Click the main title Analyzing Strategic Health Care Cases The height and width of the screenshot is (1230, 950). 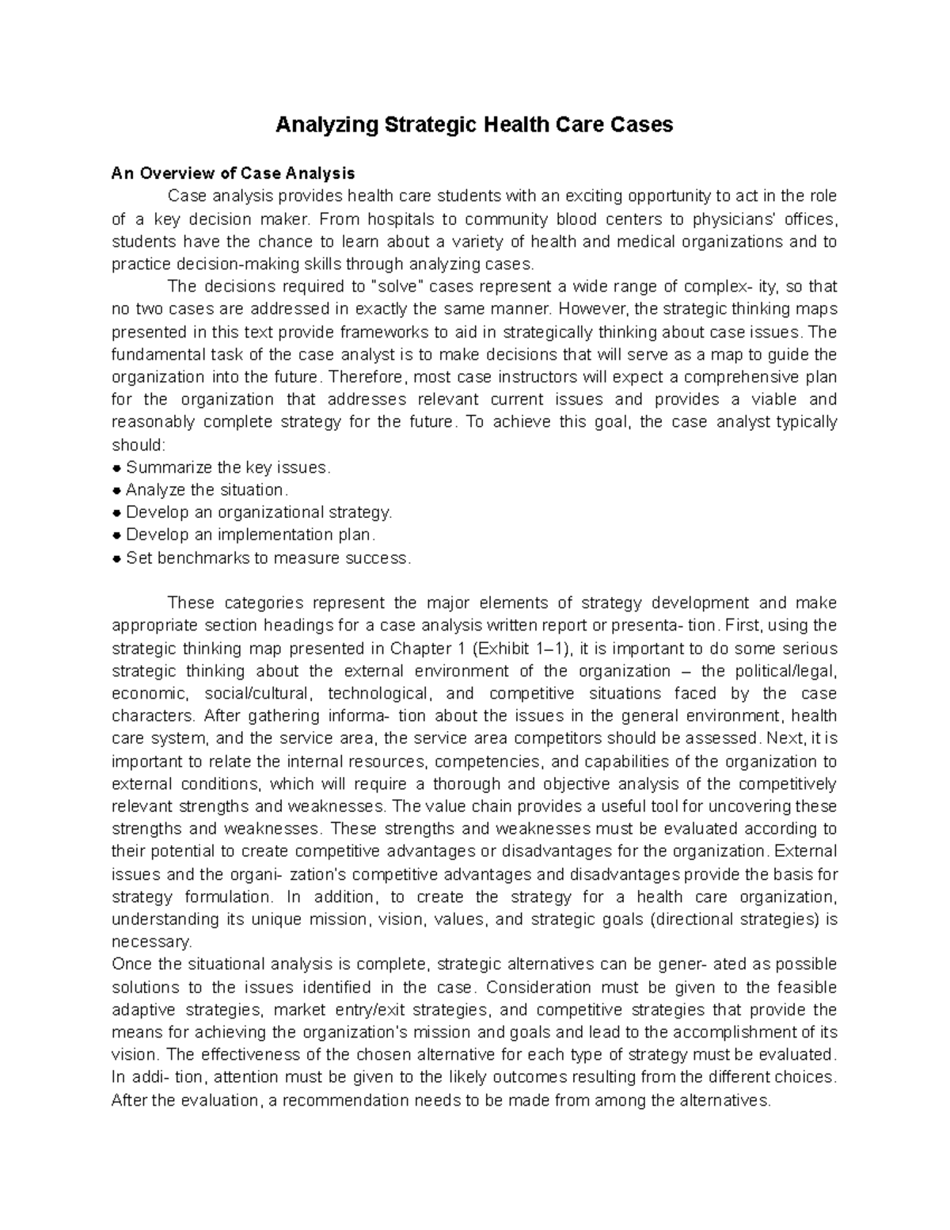click(x=473, y=125)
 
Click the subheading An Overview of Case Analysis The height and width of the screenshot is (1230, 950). click(x=233, y=173)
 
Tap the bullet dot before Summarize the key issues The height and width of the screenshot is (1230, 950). click(x=117, y=468)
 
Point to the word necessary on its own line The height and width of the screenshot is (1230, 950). click(x=151, y=942)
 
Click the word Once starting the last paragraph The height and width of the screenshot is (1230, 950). click(x=130, y=965)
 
